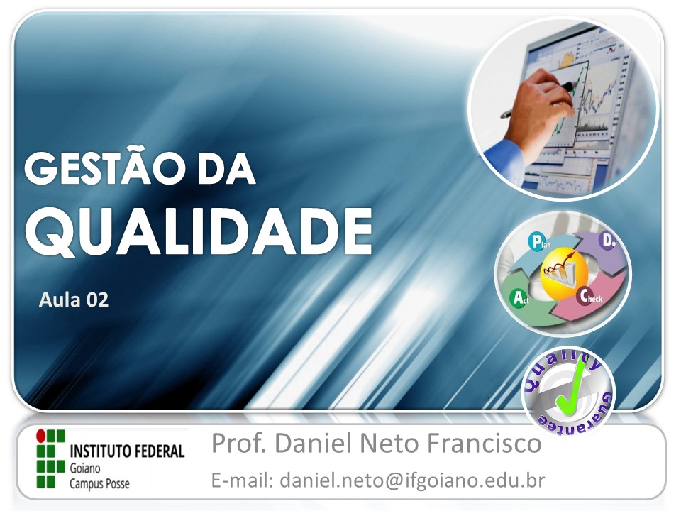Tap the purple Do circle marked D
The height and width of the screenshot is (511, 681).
pyautogui.click(x=608, y=241)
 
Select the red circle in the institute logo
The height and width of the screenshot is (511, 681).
pyautogui.click(x=40, y=434)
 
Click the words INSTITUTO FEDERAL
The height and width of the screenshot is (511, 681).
pyautogui.click(x=127, y=451)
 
